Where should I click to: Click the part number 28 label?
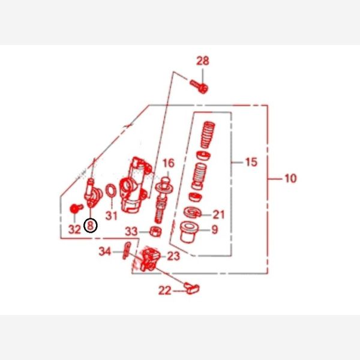tap(203, 61)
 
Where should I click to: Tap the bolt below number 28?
tap(199, 86)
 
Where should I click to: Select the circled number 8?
tap(91, 226)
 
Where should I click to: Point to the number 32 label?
tap(74, 229)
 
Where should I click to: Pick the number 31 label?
tap(112, 216)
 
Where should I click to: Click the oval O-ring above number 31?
tap(111, 190)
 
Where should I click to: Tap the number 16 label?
tap(169, 163)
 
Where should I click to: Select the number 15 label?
tap(251, 162)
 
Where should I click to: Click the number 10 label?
tap(290, 178)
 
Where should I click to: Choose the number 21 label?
tap(218, 215)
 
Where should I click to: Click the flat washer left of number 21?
tap(193, 212)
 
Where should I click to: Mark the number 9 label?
tap(215, 230)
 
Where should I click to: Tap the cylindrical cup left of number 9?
tap(189, 232)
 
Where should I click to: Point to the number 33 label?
tap(131, 232)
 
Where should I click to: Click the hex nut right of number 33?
tap(155, 232)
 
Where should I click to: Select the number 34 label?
tap(105, 251)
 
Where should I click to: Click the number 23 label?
tap(173, 256)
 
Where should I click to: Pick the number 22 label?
tap(165, 290)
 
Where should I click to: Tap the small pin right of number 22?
tap(192, 288)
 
